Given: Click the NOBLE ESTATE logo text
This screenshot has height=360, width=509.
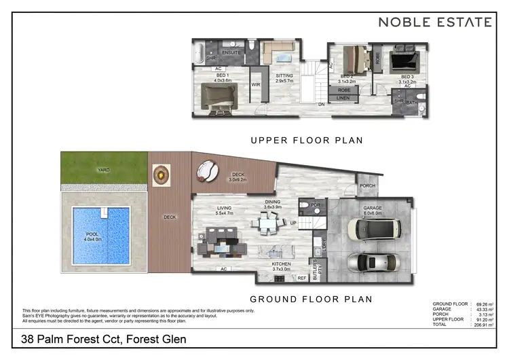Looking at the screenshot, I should click(434, 22).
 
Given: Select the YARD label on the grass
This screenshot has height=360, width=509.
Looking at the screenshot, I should click(103, 170).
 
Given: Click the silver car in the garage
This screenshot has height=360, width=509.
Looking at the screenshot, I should click(369, 264).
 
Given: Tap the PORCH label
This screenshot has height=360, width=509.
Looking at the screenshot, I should click(367, 185).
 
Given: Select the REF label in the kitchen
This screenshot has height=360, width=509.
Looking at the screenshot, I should click(302, 277).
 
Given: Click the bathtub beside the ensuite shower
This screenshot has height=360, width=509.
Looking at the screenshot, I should click(197, 52).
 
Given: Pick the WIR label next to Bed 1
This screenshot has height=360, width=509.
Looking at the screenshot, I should click(256, 85).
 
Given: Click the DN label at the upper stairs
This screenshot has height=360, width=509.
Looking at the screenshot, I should click(320, 105).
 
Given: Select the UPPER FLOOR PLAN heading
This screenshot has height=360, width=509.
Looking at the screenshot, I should click(307, 141).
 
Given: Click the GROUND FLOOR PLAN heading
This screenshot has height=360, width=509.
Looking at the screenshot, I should click(311, 299).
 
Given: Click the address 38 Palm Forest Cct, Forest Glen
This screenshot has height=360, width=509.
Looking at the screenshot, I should click(103, 339).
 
